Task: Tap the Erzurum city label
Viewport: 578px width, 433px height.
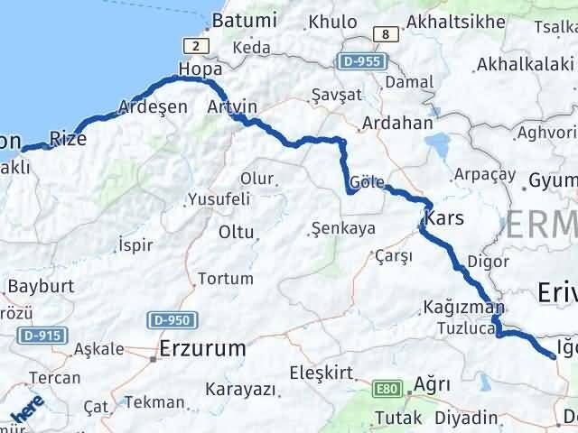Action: [x=202, y=347]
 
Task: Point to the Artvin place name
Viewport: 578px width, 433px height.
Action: [x=232, y=106]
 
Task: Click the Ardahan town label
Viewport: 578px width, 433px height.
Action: [x=397, y=124]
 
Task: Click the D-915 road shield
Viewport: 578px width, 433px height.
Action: [x=38, y=336]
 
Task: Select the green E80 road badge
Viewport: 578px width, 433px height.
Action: [x=387, y=390]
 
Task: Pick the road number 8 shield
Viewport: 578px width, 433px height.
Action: [x=386, y=34]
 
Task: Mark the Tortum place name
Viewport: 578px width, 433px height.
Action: [x=225, y=278]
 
